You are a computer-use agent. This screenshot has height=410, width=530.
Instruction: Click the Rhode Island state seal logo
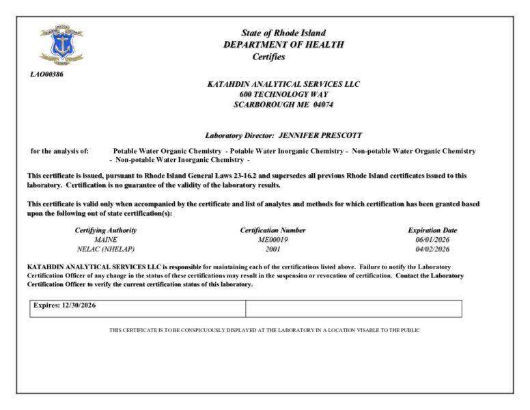tap(61, 45)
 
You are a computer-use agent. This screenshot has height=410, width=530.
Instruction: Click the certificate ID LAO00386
tap(46, 74)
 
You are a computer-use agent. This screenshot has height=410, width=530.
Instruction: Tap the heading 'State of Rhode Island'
tap(283, 33)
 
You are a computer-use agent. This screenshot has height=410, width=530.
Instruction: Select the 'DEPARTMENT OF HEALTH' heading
tap(283, 45)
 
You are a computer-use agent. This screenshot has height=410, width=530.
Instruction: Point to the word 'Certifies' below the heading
tap(268, 57)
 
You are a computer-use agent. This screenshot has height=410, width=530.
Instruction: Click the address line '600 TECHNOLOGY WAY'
tap(283, 94)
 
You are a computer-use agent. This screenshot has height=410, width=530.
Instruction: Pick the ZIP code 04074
tap(323, 105)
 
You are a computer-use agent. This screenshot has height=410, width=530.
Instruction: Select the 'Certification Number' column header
tap(273, 230)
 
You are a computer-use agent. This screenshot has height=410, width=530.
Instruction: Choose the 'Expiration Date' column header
tap(432, 230)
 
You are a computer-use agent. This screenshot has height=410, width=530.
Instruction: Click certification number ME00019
tap(273, 240)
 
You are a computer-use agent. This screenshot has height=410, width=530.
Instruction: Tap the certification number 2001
tap(273, 249)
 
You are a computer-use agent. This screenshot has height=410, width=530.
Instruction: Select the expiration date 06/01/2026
tap(432, 240)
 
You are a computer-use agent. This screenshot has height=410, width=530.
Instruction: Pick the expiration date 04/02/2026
tap(432, 249)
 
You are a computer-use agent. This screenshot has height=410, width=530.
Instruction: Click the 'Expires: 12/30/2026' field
tap(65, 305)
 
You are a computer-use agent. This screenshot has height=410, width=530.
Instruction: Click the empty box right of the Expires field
tap(353, 309)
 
